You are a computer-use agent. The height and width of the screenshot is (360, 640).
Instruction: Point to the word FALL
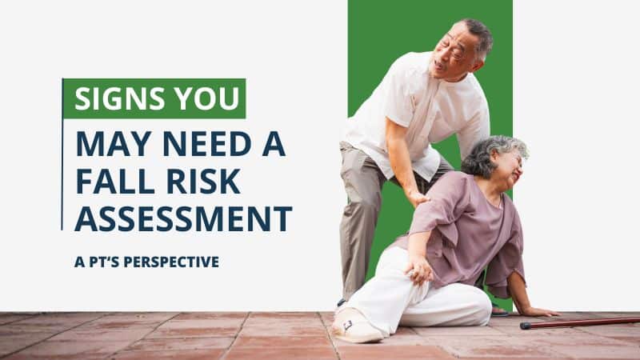[x=111, y=182]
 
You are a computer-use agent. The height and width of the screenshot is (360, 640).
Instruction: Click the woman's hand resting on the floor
[x=538, y=310]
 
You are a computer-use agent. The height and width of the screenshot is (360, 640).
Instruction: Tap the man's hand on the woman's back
[x=417, y=197]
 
